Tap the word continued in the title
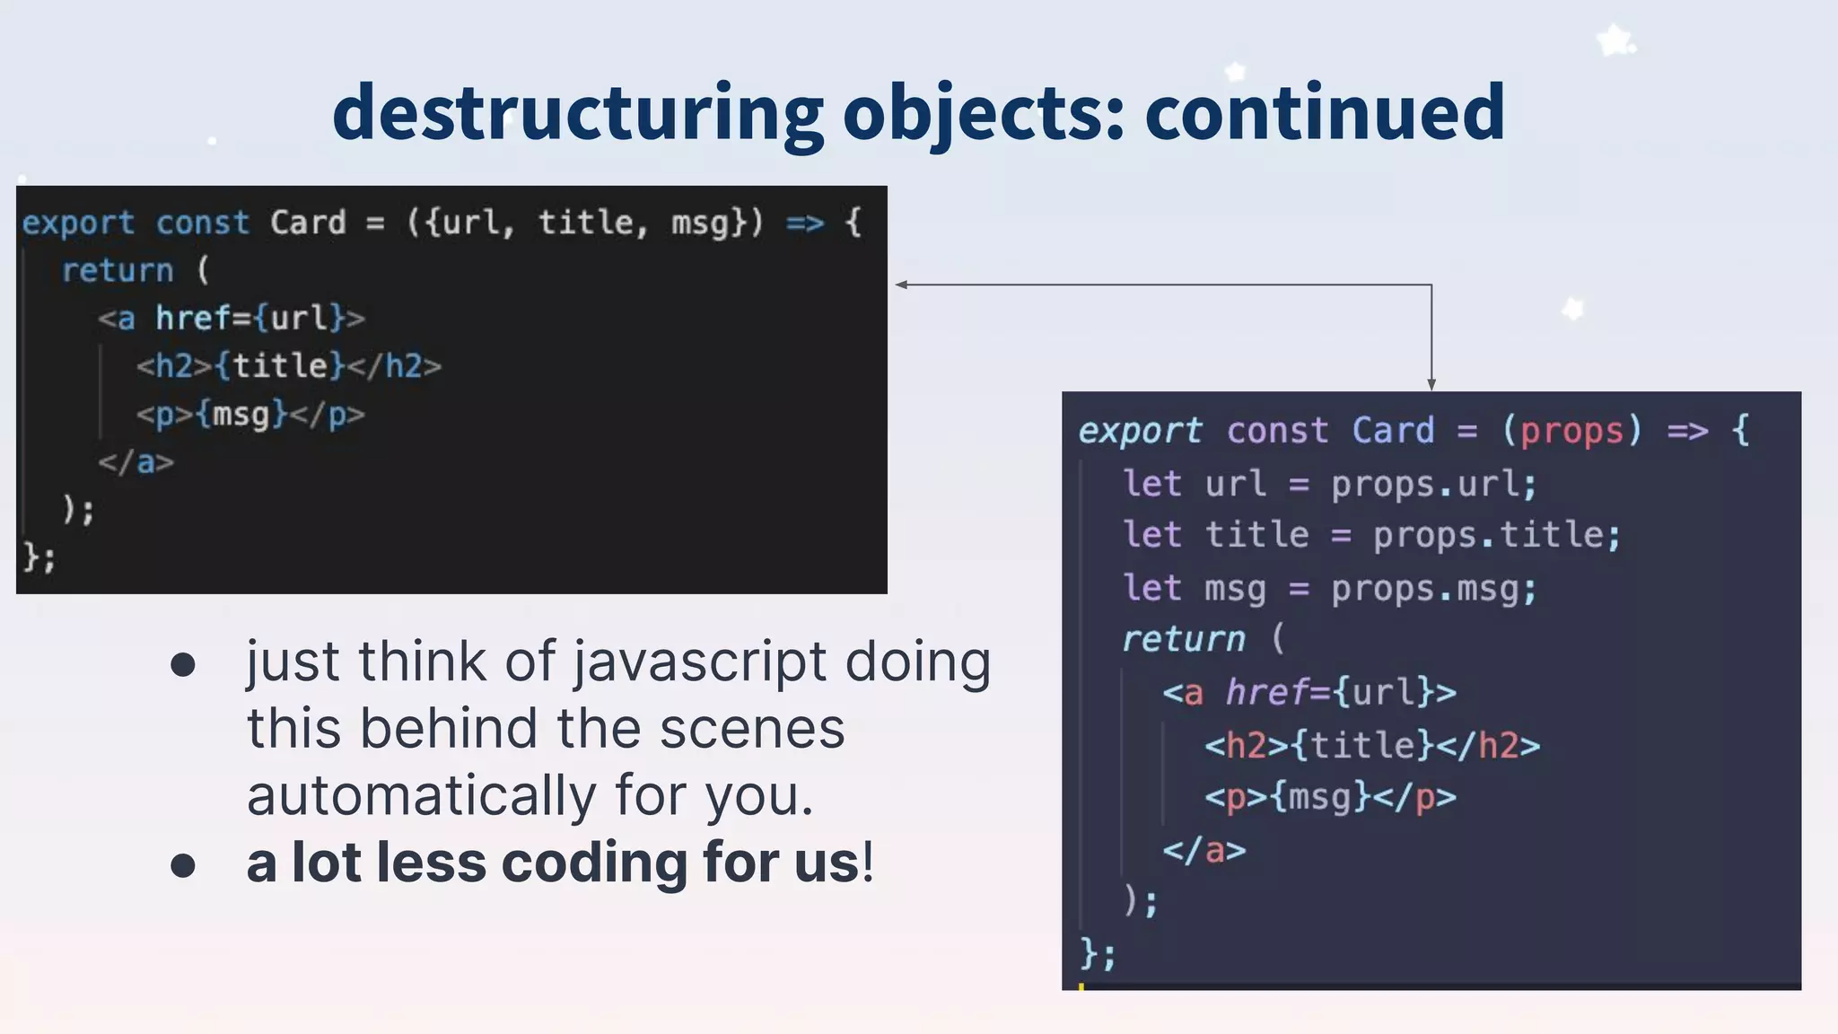pyautogui.click(x=1325, y=112)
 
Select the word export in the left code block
pyautogui.click(x=78, y=223)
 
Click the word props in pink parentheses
pyautogui.click(x=1571, y=431)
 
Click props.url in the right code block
pyautogui.click(x=1433, y=485)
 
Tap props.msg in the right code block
pyautogui.click(x=1433, y=590)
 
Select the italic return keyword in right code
pyautogui.click(x=1183, y=639)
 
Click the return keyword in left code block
pyautogui.click(x=118, y=270)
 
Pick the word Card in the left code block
pyautogui.click(x=308, y=223)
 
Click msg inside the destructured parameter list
pyautogui.click(x=699, y=223)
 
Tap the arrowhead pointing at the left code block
pyautogui.click(x=901, y=285)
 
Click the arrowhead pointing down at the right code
pyautogui.click(x=1431, y=384)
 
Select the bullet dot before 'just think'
pyautogui.click(x=183, y=665)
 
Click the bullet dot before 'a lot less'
pyautogui.click(x=183, y=865)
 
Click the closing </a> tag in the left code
pyautogui.click(x=136, y=462)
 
